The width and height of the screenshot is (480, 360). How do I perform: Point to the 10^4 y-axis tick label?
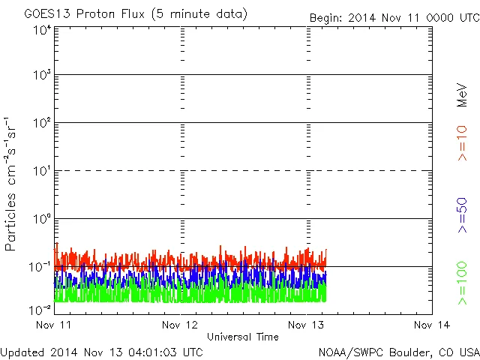pyautogui.click(x=41, y=30)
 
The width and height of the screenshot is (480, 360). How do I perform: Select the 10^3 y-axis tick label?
pyautogui.click(x=41, y=75)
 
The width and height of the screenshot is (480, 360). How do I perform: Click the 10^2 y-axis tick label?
pyautogui.click(x=41, y=123)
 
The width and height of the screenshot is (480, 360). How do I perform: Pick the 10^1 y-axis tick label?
pyautogui.click(x=41, y=171)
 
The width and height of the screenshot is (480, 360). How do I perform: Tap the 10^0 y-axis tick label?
pyautogui.click(x=41, y=219)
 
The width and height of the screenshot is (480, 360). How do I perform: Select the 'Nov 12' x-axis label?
pyautogui.click(x=181, y=325)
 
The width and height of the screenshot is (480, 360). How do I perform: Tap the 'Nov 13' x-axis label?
pyautogui.click(x=307, y=325)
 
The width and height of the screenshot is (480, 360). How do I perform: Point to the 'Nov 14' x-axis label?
pyautogui.click(x=432, y=325)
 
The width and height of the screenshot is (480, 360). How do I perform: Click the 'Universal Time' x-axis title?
pyautogui.click(x=243, y=337)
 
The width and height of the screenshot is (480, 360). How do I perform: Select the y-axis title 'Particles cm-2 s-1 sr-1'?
pyautogui.click(x=11, y=183)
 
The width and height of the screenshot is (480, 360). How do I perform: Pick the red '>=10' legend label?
pyautogui.click(x=462, y=142)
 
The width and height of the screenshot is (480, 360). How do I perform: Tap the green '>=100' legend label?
pyautogui.click(x=462, y=283)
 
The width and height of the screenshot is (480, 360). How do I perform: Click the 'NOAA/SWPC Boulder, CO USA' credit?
pyautogui.click(x=398, y=351)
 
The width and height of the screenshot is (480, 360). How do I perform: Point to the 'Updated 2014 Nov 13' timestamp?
pyautogui.click(x=102, y=351)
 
